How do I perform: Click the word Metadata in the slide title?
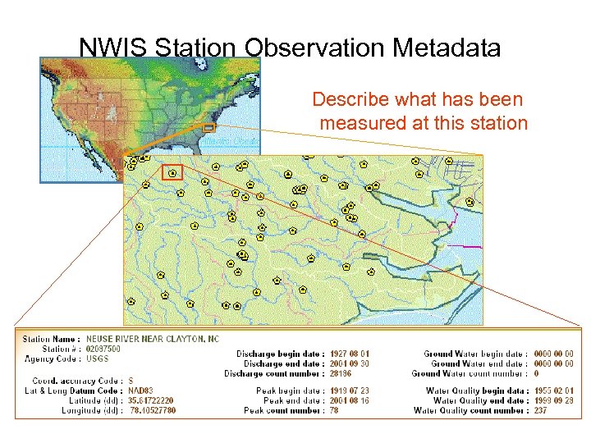447,48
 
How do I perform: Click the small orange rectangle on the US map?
208,128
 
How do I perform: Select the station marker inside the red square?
172,171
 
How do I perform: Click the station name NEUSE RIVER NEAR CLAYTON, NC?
153,339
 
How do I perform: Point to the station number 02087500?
103,349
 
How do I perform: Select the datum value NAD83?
140,390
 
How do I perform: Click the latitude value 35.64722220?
151,400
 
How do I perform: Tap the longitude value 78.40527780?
153,410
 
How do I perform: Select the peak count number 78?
335,410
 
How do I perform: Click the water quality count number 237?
541,410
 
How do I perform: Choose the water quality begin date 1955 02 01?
553,390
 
